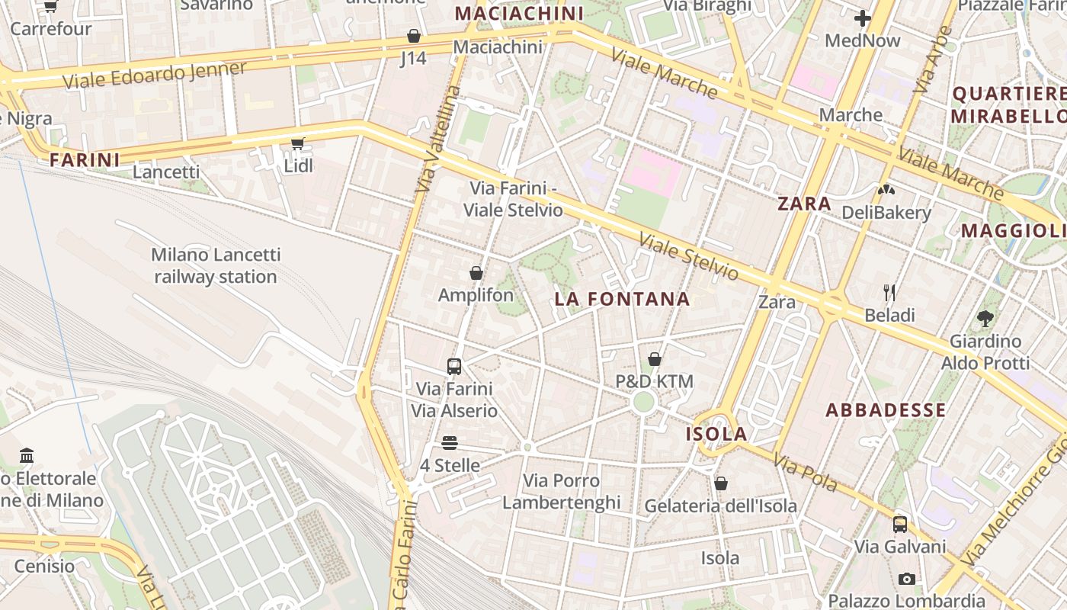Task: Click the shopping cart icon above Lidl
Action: click(298, 143)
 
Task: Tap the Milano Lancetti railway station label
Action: click(216, 265)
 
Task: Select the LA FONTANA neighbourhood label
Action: click(622, 299)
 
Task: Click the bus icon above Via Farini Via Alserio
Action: click(454, 367)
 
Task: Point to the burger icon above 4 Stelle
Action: click(450, 443)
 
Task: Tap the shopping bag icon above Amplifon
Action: click(476, 273)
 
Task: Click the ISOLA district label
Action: click(716, 434)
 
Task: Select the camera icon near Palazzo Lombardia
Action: click(906, 579)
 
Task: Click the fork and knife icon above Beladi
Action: click(889, 293)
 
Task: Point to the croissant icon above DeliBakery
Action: click(886, 190)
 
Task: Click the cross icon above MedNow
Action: click(863, 18)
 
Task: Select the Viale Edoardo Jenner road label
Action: click(155, 75)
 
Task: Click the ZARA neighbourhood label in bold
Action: click(804, 204)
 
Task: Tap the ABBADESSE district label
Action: click(886, 410)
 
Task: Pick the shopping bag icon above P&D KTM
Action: click(654, 359)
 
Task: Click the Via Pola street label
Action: click(805, 472)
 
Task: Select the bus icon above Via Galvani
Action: click(900, 524)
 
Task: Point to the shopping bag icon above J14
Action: click(413, 36)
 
